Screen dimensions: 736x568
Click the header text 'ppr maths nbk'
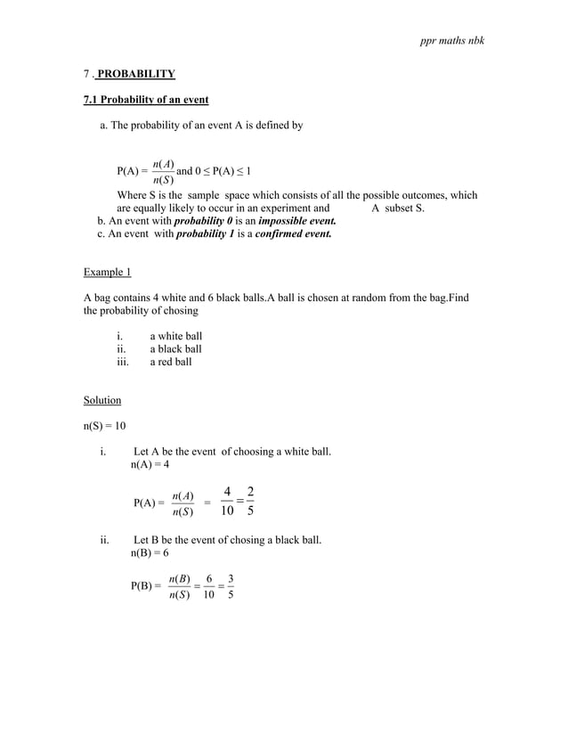[x=451, y=42]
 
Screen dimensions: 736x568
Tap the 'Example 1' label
[x=107, y=271]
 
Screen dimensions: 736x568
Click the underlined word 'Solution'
[x=102, y=400]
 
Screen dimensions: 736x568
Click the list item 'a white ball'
[x=176, y=336]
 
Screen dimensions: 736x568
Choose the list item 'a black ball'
[x=175, y=349]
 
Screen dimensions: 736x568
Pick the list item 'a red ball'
[x=170, y=363]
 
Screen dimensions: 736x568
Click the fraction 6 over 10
[x=208, y=587]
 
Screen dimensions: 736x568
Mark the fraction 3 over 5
[x=231, y=587]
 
